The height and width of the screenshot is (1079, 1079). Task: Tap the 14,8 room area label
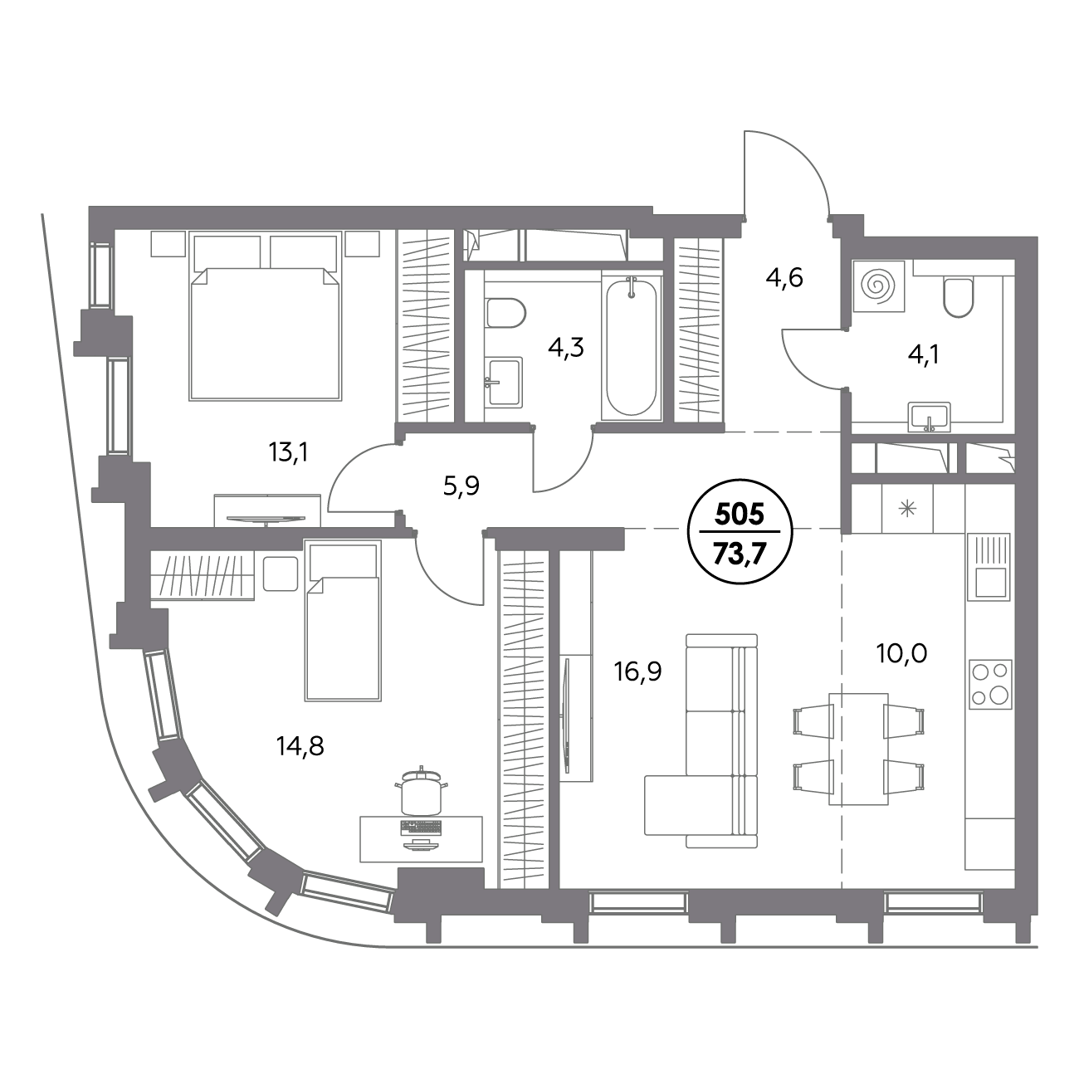[x=300, y=745]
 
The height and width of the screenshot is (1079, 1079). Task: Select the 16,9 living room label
[x=637, y=671]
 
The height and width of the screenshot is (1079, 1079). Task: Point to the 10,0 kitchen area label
[x=901, y=653]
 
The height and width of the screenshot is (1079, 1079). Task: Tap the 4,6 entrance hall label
[x=784, y=277]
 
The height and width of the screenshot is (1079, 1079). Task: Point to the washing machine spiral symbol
[x=878, y=286]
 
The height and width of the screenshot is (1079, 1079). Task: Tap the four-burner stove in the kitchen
[x=991, y=682]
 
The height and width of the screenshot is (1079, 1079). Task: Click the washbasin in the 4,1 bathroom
[x=930, y=417]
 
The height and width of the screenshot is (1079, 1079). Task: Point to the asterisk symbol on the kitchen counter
[x=907, y=509]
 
